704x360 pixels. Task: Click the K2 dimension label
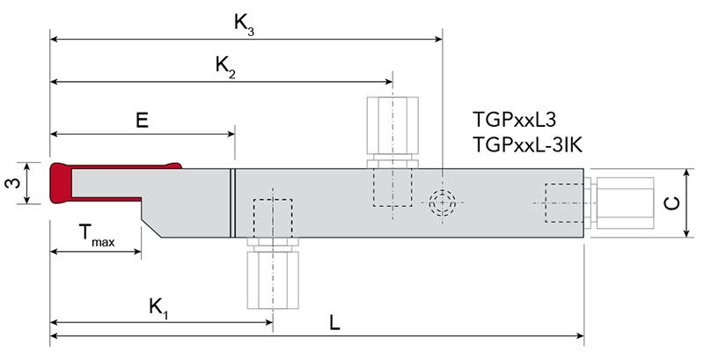click(x=225, y=66)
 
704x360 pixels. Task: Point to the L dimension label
click(x=334, y=323)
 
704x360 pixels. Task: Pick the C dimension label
click(x=671, y=203)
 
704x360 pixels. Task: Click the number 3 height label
click(x=12, y=184)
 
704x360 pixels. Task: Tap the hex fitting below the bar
click(x=272, y=278)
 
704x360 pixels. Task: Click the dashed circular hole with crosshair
click(x=441, y=202)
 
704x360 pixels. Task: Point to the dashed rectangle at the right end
click(x=564, y=203)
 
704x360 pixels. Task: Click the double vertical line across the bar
click(x=232, y=202)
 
